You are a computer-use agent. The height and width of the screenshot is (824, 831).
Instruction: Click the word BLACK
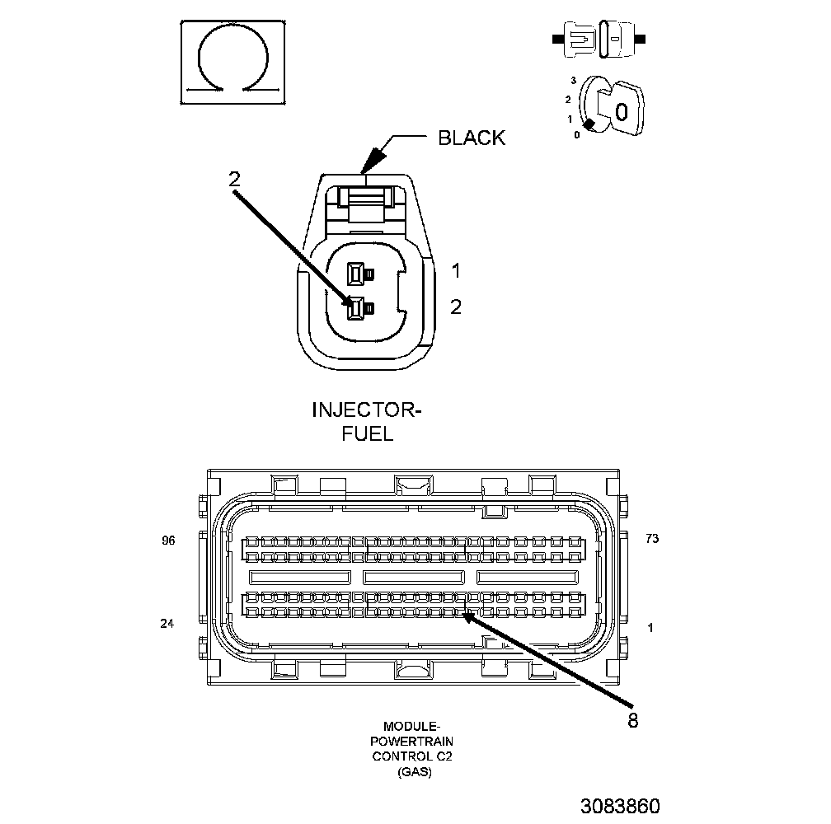(471, 138)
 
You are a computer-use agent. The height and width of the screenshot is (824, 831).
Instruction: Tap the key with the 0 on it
(623, 110)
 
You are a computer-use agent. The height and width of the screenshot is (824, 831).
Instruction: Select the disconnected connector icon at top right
(599, 40)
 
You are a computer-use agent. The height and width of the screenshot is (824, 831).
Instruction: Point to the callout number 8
(632, 719)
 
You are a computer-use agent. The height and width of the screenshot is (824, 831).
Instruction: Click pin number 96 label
(169, 541)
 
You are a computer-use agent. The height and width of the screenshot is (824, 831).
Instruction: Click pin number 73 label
(652, 539)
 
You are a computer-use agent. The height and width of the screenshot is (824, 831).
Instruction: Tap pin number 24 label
(167, 624)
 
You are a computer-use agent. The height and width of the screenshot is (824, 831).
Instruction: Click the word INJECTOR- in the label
(367, 410)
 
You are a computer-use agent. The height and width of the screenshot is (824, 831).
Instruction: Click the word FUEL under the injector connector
(367, 433)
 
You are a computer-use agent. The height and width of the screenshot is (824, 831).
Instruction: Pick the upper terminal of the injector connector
(357, 273)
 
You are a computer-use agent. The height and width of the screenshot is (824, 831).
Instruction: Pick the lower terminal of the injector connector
(356, 309)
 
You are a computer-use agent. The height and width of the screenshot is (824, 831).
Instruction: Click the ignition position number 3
(573, 81)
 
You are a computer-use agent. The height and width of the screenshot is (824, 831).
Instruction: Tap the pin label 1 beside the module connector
(650, 628)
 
